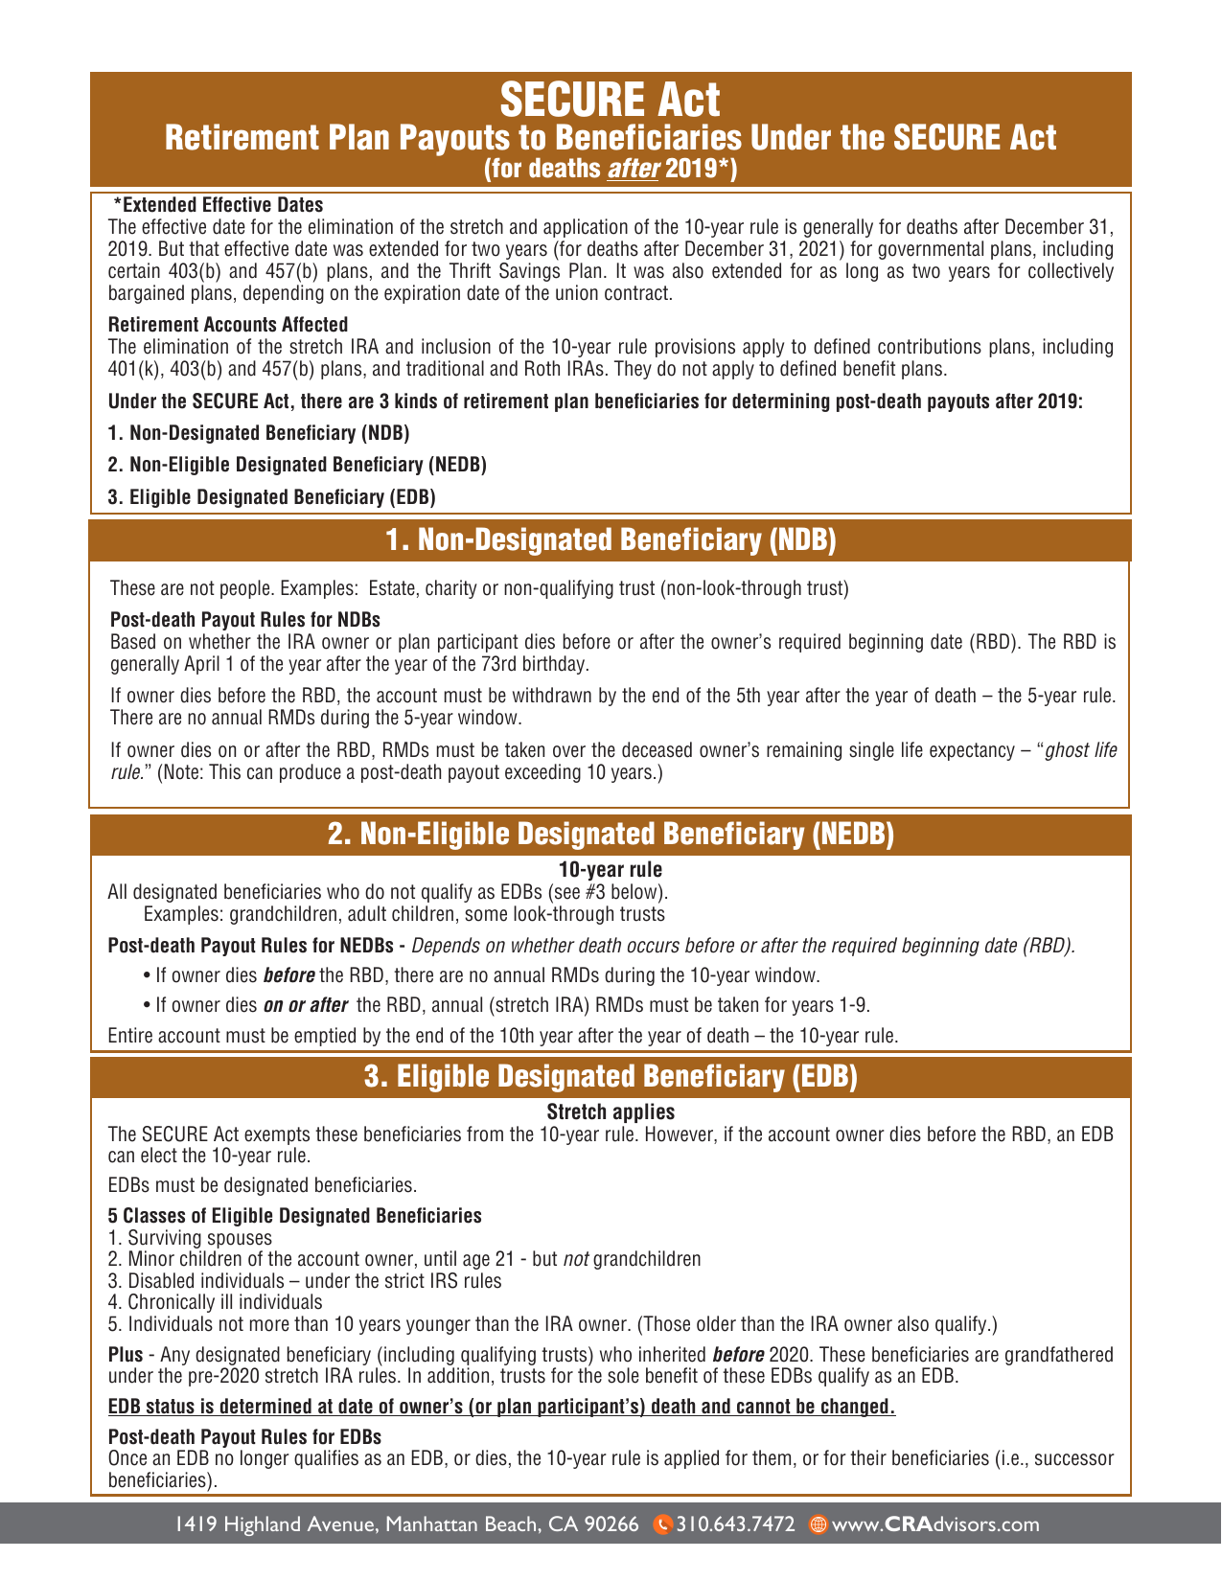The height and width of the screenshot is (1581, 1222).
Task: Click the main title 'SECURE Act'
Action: click(611, 100)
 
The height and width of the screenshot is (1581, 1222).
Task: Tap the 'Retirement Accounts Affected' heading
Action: click(228, 325)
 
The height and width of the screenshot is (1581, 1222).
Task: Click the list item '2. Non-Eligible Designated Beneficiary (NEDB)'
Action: click(297, 465)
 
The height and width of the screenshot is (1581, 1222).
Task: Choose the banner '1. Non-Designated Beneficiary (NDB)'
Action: click(611, 540)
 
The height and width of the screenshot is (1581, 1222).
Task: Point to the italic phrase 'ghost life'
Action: click(1080, 750)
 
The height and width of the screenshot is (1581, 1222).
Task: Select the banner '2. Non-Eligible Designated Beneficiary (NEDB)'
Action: click(611, 835)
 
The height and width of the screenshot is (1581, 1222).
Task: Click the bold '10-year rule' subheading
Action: click(611, 870)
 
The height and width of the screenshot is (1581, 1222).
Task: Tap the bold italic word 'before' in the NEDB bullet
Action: click(288, 976)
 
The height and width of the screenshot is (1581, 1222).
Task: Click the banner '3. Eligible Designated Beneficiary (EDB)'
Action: click(611, 1077)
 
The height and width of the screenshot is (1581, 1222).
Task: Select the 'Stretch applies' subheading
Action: click(611, 1112)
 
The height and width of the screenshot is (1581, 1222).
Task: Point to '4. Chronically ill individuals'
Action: click(216, 1302)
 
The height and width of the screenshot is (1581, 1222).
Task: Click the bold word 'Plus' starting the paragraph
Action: click(126, 1355)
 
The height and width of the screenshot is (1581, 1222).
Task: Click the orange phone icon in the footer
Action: click(661, 1524)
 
